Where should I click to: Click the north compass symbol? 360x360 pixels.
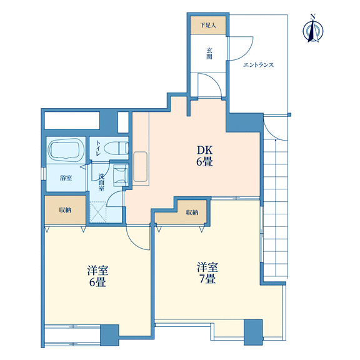[313, 29]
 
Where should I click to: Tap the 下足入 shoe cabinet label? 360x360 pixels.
[208, 25]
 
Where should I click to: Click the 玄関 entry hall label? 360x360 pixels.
[209, 53]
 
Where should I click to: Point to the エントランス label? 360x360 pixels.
[258, 65]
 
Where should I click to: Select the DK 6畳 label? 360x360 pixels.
[204, 156]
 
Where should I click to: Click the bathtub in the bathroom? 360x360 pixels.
[66, 149]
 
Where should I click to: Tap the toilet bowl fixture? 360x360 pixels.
[116, 148]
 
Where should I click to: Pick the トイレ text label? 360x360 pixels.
[97, 148]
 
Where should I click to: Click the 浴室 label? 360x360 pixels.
[66, 178]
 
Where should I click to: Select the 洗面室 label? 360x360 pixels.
[101, 182]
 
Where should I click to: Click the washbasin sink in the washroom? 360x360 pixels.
[121, 176]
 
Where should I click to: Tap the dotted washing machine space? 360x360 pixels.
[98, 212]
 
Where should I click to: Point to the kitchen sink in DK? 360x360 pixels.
[140, 167]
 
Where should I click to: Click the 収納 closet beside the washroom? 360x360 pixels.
[66, 210]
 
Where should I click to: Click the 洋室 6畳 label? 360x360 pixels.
[97, 276]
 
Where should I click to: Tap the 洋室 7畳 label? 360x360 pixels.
[207, 272]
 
